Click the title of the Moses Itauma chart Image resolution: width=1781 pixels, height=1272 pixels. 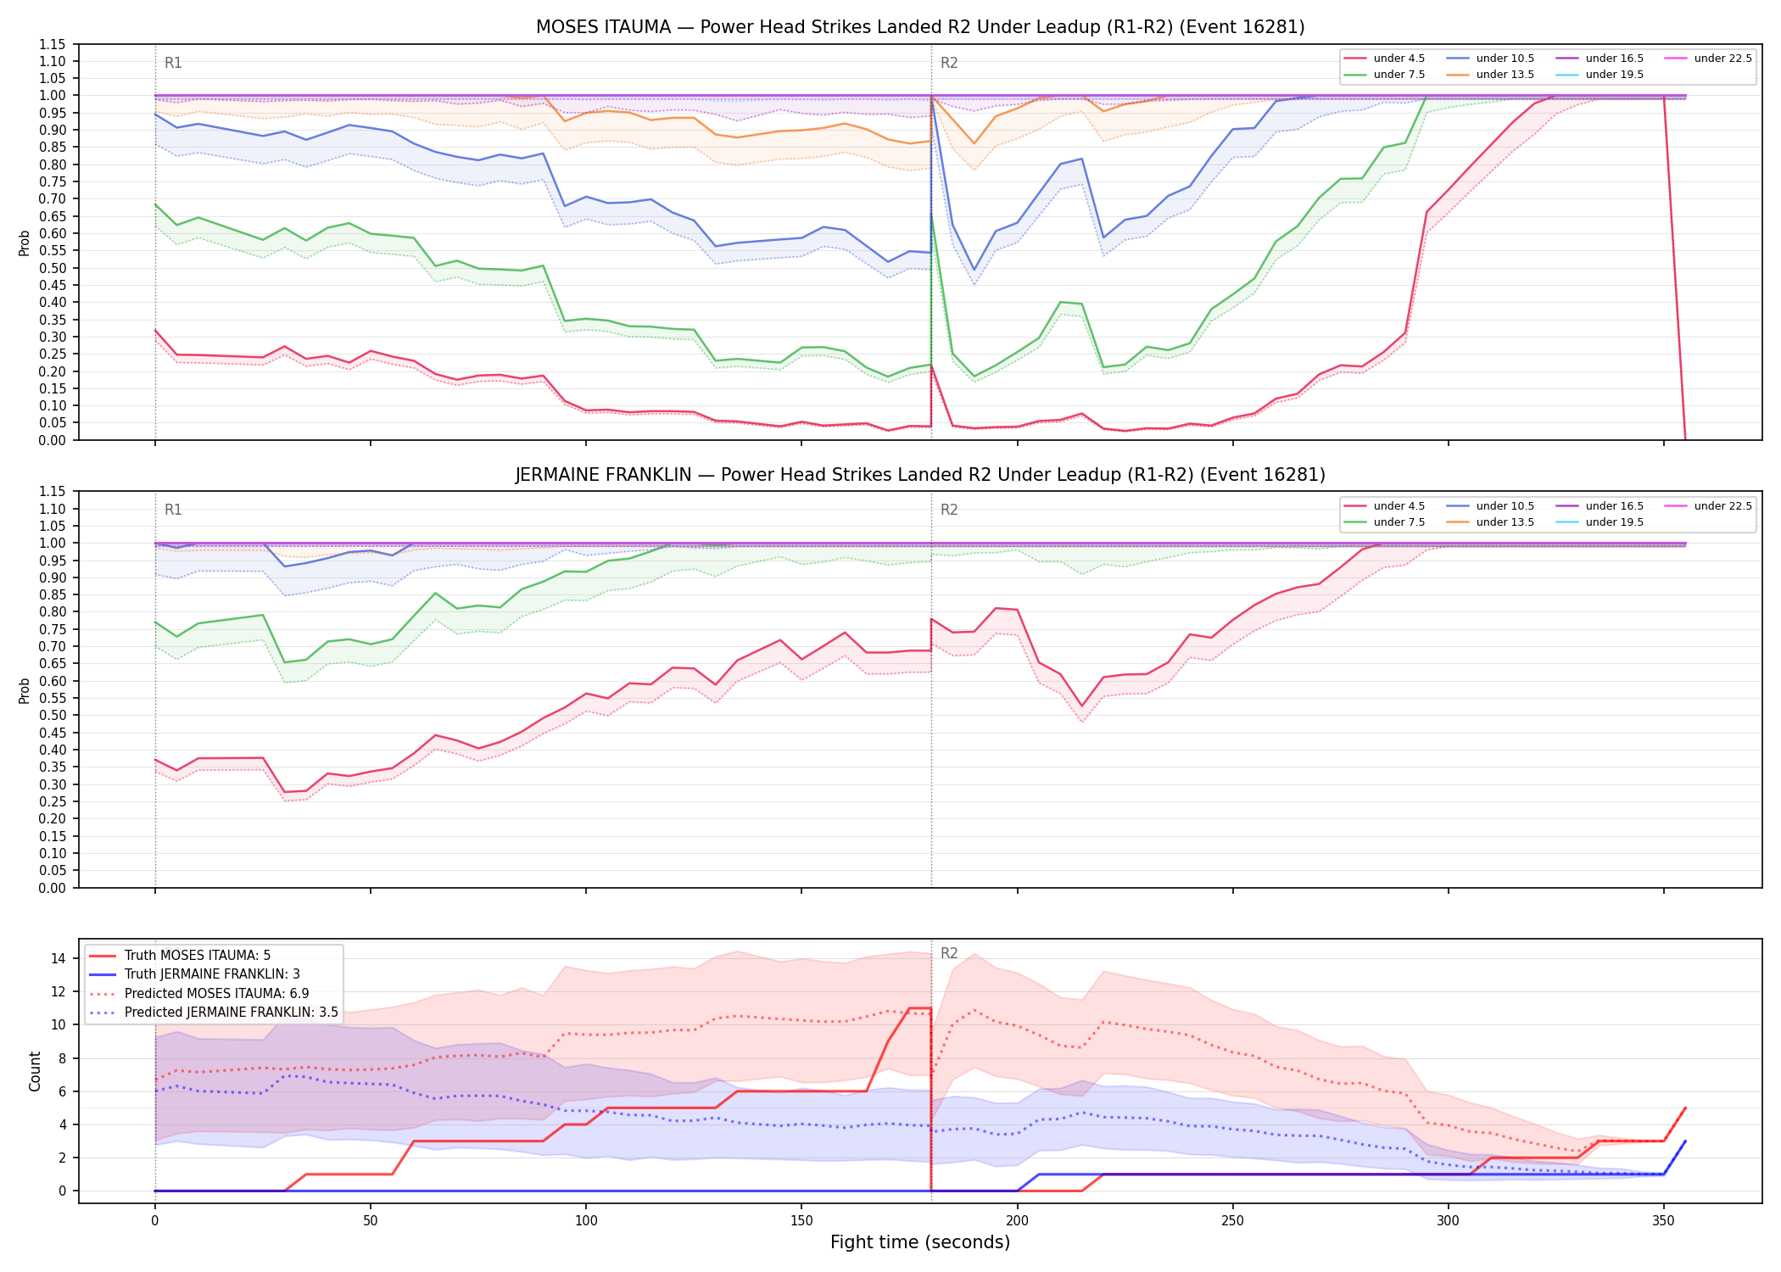click(920, 27)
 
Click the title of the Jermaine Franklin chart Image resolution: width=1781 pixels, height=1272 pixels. click(920, 475)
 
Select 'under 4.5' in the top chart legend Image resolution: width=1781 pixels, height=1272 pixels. click(1399, 59)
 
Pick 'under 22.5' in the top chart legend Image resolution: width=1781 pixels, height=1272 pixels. click(1722, 59)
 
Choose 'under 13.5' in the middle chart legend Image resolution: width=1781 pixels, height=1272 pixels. click(1505, 522)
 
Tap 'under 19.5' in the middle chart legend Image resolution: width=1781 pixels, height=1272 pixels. click(1614, 522)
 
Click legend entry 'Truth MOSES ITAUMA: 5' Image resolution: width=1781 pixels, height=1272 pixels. click(198, 956)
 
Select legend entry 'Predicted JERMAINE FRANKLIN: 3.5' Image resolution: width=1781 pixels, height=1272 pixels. click(231, 1013)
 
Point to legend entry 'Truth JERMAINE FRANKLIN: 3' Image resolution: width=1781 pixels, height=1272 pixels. click(212, 974)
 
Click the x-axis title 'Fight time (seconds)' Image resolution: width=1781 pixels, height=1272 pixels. click(920, 1243)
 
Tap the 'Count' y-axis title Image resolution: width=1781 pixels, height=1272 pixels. click(35, 1071)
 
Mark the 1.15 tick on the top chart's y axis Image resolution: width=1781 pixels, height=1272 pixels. click(53, 44)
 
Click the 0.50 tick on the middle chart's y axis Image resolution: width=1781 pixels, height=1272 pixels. click(53, 715)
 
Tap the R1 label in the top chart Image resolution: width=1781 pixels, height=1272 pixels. click(173, 63)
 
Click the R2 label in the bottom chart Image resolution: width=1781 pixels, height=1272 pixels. click(949, 953)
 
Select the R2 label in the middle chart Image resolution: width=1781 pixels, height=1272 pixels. click(949, 510)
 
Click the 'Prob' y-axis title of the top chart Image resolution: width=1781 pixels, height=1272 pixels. click(25, 243)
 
